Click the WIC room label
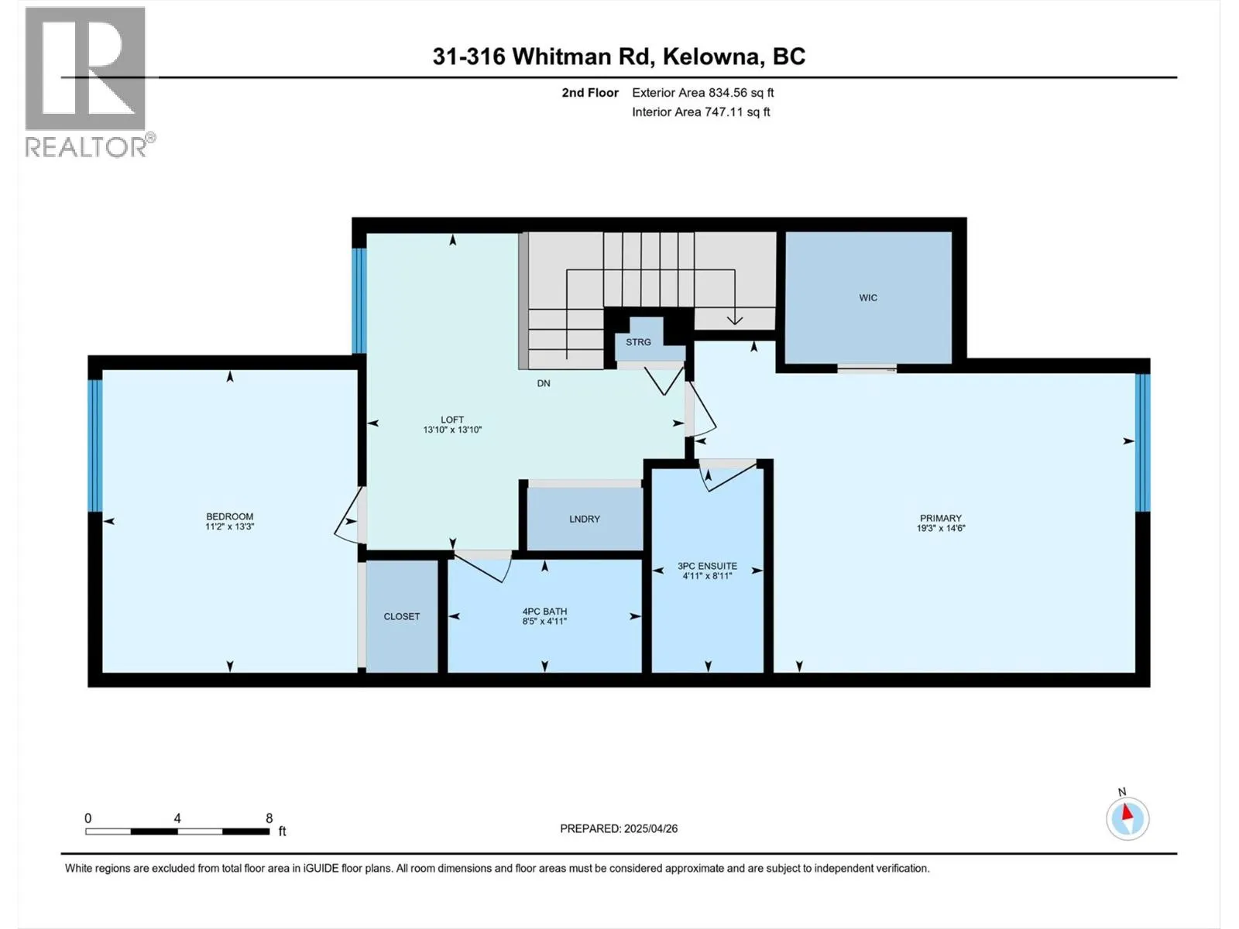click(867, 297)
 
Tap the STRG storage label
click(638, 341)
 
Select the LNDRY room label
click(584, 519)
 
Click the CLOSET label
click(401, 616)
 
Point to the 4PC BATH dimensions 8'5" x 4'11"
click(544, 621)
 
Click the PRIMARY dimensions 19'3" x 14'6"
click(940, 528)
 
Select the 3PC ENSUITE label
click(707, 566)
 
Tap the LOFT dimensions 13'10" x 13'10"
click(452, 430)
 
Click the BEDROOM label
click(229, 516)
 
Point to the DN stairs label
click(544, 383)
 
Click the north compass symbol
click(1127, 818)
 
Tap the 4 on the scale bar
click(177, 818)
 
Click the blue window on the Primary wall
click(1143, 442)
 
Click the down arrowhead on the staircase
click(734, 319)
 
